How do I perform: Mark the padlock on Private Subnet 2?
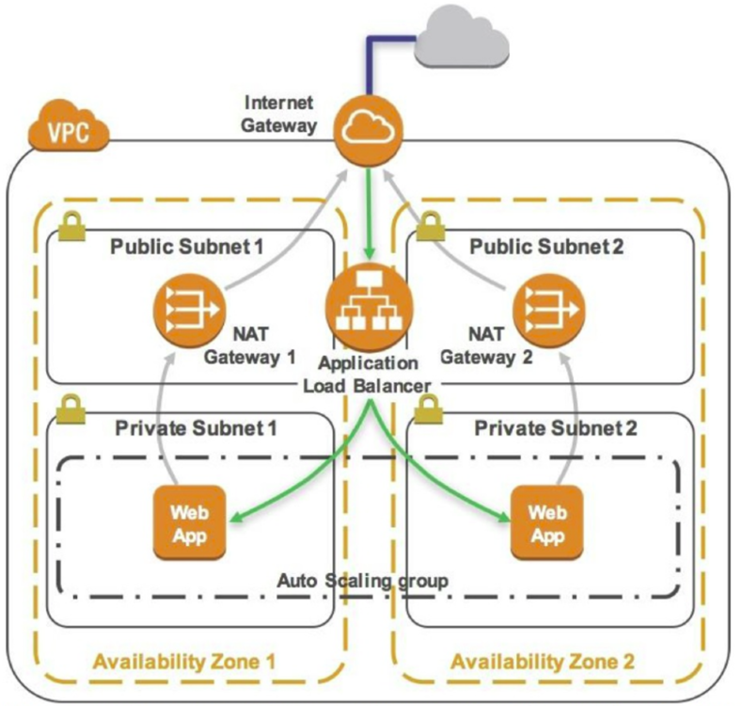point(431,408)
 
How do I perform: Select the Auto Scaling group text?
point(361,579)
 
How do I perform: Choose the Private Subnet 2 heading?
point(555,428)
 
